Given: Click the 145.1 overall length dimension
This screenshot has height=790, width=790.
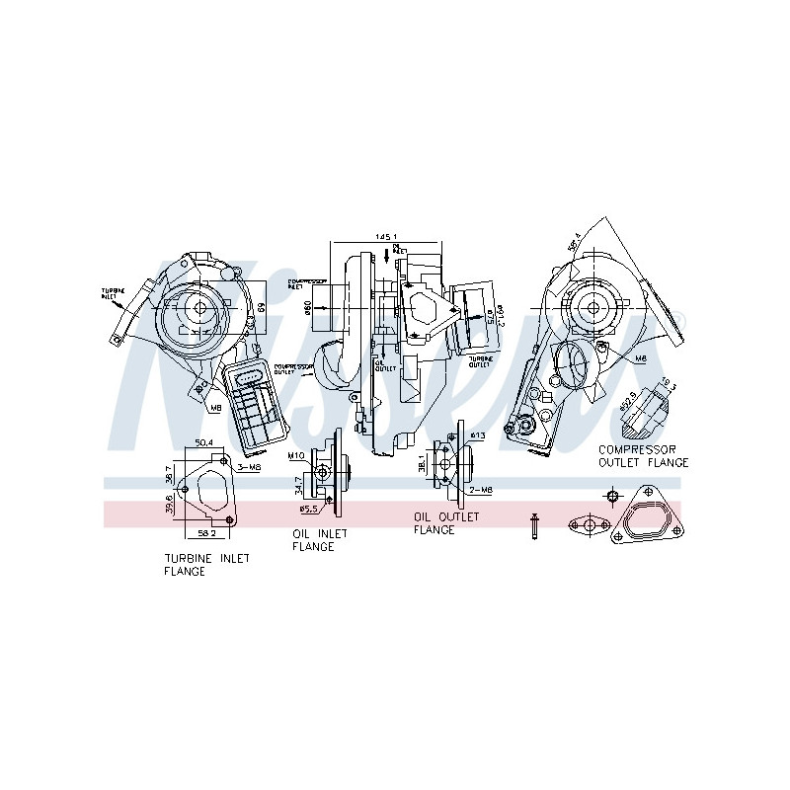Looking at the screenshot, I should (x=385, y=238).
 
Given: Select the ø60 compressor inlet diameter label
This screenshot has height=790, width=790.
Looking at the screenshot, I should (x=308, y=308).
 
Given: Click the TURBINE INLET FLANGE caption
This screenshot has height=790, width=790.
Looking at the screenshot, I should (x=206, y=564).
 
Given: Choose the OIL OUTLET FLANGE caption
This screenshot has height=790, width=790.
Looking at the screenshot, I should (x=446, y=523).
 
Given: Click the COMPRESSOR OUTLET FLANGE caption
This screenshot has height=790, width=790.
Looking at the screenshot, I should (x=644, y=455).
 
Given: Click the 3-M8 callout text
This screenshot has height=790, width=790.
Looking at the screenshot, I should (x=248, y=466).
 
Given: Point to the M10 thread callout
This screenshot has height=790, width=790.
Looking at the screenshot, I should (x=295, y=457).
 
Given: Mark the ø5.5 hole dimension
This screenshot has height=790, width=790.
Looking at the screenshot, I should (x=309, y=510).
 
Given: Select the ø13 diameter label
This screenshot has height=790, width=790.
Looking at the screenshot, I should (x=478, y=435).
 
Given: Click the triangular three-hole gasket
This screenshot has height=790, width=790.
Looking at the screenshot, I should (x=647, y=513).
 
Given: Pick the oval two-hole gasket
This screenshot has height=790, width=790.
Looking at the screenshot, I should (x=590, y=525).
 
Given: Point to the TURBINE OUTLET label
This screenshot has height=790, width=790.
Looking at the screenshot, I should (x=480, y=360).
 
